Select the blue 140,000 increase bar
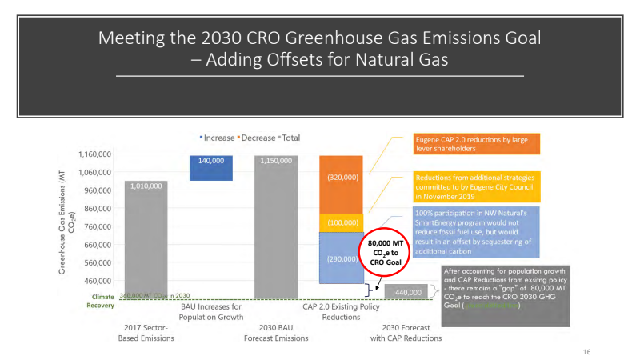[x=211, y=168]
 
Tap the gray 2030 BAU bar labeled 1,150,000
[x=275, y=228]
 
